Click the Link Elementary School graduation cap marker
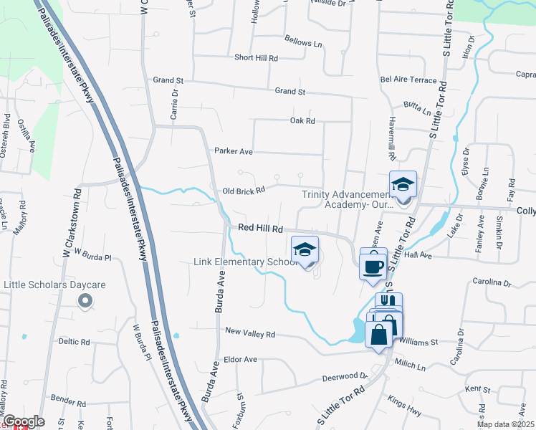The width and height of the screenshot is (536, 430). pyautogui.click(x=305, y=250)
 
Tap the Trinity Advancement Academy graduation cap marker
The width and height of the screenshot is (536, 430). pyautogui.click(x=403, y=185)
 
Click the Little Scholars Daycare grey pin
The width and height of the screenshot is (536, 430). pyautogui.click(x=85, y=302)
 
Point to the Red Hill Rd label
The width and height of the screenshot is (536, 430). pyautogui.click(x=262, y=227)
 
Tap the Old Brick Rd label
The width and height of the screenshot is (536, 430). pyautogui.click(x=244, y=191)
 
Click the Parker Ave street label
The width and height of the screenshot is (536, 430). pyautogui.click(x=234, y=151)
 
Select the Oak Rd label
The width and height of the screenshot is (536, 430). pyautogui.click(x=302, y=120)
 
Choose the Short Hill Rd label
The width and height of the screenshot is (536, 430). pyautogui.click(x=256, y=57)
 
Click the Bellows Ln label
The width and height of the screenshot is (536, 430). pyautogui.click(x=303, y=42)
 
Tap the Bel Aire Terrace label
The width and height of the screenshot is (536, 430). pyautogui.click(x=408, y=80)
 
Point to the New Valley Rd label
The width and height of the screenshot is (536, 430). pyautogui.click(x=250, y=333)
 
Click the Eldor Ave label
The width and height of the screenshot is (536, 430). pyautogui.click(x=240, y=359)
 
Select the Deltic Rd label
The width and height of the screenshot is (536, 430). pyautogui.click(x=73, y=342)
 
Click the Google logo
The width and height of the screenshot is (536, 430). pyautogui.click(x=23, y=421)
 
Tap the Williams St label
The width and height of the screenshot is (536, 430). pyautogui.click(x=418, y=342)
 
